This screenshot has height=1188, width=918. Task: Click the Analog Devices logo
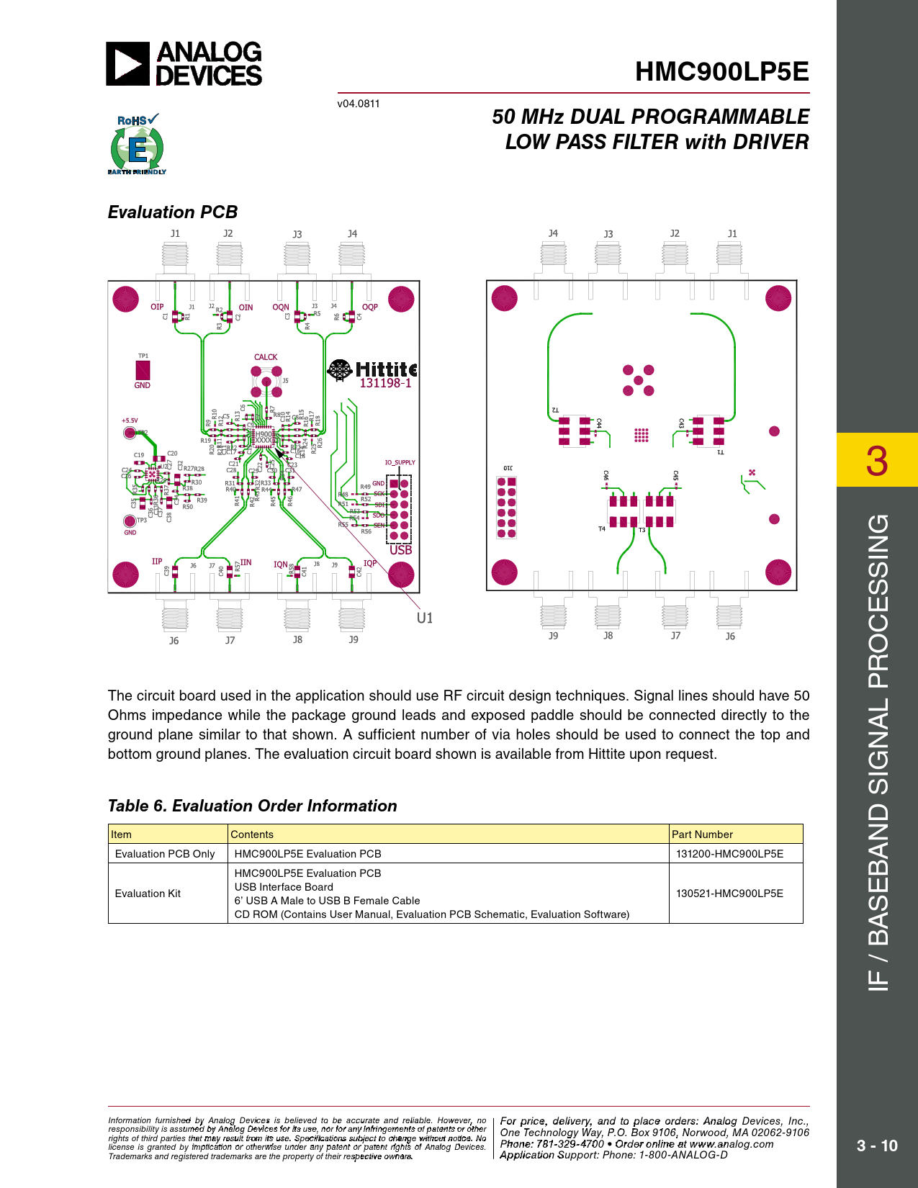(x=184, y=64)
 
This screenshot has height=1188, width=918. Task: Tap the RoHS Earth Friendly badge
(x=137, y=145)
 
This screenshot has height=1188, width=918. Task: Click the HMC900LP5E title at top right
(x=721, y=72)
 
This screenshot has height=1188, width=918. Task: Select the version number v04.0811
(x=359, y=104)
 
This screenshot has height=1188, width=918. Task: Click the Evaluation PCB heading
(x=173, y=212)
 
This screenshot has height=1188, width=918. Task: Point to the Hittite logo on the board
(x=372, y=369)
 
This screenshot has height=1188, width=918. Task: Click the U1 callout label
(x=425, y=618)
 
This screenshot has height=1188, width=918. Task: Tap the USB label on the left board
(x=400, y=550)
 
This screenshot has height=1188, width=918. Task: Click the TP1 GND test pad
(x=143, y=371)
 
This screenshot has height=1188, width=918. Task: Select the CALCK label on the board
(x=266, y=357)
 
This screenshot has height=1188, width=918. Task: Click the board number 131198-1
(x=385, y=384)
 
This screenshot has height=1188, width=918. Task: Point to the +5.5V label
(x=130, y=420)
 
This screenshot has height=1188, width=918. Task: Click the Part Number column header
(x=702, y=834)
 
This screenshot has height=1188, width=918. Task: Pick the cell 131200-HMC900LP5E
(x=729, y=854)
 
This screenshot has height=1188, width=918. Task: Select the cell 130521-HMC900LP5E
(x=729, y=894)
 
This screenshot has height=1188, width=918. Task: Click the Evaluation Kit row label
(x=148, y=894)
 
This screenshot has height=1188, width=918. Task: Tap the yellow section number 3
(x=876, y=461)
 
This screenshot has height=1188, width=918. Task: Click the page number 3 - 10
(x=877, y=1146)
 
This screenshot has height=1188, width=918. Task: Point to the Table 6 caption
(x=252, y=806)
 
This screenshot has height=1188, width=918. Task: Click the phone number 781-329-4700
(x=570, y=1144)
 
